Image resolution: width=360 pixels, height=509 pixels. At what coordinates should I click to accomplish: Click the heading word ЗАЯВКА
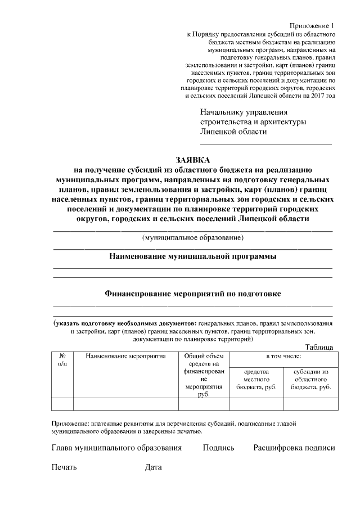[192, 160]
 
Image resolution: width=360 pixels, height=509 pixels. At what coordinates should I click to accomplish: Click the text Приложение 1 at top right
[313, 26]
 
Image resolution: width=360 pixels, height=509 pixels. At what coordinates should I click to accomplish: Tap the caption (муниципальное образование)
[192, 238]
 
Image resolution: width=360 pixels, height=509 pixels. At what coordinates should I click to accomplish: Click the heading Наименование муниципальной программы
[192, 257]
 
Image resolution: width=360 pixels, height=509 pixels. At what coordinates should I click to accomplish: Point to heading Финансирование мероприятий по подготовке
[192, 293]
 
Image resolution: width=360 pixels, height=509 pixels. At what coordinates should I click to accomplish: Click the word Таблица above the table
[319, 348]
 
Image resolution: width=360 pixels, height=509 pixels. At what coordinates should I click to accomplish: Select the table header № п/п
[62, 360]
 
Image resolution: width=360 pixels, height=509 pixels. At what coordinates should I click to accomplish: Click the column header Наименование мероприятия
[126, 356]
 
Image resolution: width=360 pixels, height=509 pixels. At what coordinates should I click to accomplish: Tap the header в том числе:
[283, 356]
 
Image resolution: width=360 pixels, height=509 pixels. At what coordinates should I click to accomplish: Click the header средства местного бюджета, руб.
[256, 380]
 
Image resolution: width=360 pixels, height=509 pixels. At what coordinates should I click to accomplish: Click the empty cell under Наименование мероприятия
[126, 404]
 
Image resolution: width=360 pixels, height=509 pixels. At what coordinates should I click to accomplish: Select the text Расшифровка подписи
[294, 448]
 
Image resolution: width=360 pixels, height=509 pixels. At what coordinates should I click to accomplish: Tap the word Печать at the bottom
[64, 467]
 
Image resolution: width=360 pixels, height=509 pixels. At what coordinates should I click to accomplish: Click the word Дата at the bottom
[153, 467]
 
